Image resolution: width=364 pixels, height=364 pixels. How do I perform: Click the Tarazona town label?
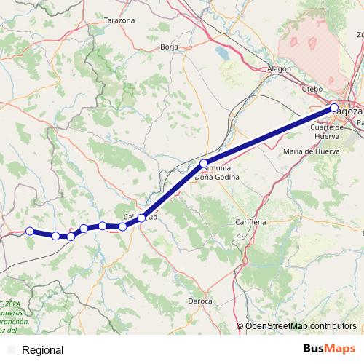click(120, 20)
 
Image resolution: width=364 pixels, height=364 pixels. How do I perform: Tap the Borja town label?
click(169, 47)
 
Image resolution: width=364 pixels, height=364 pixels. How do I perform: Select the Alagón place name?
click(280, 68)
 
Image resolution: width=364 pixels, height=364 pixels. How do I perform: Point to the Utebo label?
click(312, 88)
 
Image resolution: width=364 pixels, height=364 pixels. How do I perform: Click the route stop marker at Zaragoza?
click(334, 108)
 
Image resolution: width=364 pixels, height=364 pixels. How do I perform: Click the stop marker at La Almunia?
click(205, 163)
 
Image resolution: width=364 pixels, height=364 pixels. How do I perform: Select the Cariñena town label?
click(252, 221)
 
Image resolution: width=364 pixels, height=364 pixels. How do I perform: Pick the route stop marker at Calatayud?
click(142, 218)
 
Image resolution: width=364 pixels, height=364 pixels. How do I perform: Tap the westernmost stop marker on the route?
click(30, 231)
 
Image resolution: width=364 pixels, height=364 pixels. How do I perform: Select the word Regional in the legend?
click(42, 350)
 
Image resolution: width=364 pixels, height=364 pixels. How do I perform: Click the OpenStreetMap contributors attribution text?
click(301, 326)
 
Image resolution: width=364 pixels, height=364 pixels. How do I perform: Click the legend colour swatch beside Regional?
click(11, 350)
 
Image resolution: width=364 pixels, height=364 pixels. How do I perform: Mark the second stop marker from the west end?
click(56, 236)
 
